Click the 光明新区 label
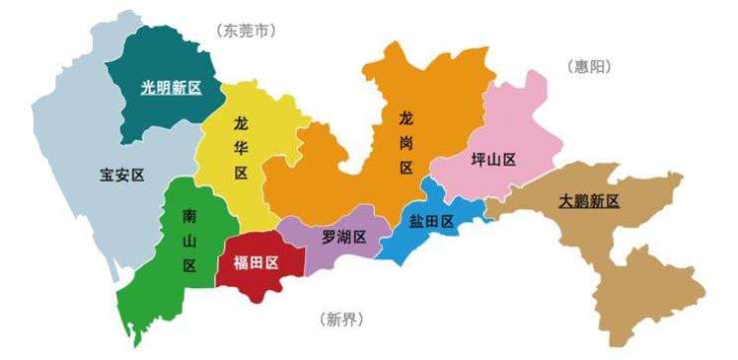(x=170, y=87)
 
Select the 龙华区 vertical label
(x=240, y=148)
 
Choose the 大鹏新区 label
(x=588, y=200)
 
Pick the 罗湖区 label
(x=343, y=237)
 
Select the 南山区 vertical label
(x=189, y=240)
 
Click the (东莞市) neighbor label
(x=245, y=30)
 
